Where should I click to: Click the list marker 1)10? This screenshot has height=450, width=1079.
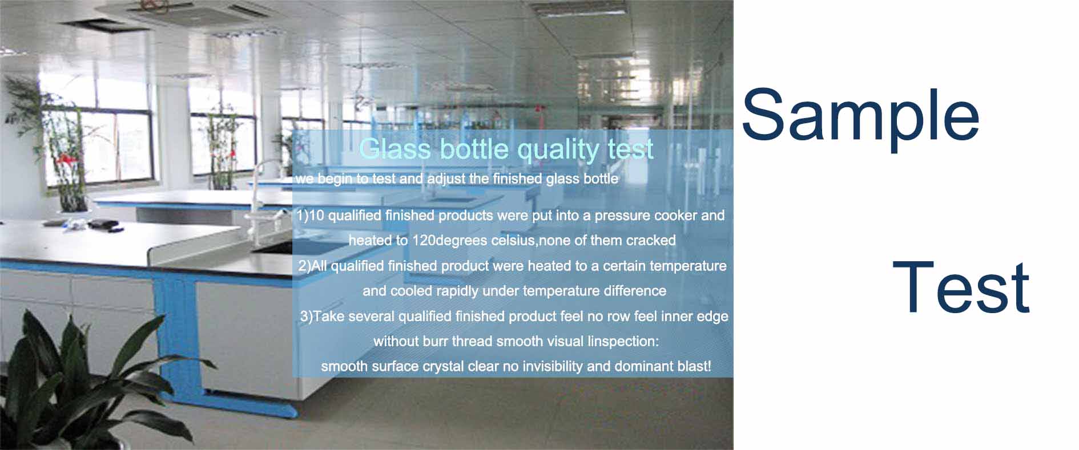(x=311, y=216)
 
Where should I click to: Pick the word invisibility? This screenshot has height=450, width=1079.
(x=552, y=367)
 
